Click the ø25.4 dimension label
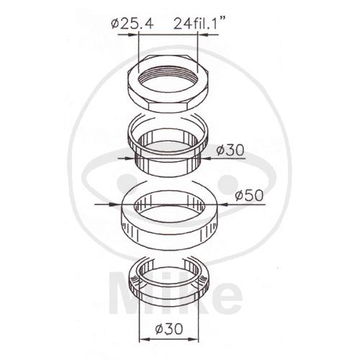132,24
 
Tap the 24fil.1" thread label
197,23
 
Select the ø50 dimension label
249,195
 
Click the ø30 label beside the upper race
230,150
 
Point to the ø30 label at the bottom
169,328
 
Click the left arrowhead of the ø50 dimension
116,204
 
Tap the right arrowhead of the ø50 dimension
222,204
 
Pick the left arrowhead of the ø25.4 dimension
133,35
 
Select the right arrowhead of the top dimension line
203,35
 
